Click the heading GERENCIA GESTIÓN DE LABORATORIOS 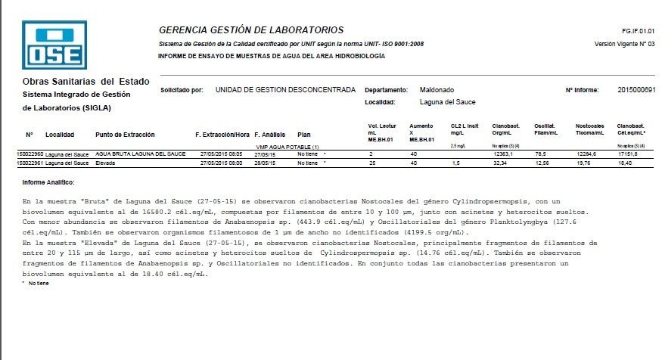tap(250, 30)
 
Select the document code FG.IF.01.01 tap(637, 31)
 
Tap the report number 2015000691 tap(636, 90)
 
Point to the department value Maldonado tap(437, 90)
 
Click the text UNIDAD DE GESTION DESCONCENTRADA tap(285, 90)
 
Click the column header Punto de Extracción tap(125, 135)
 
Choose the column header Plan tap(304, 135)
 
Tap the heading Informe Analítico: tap(48, 182)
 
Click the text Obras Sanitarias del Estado tap(85, 81)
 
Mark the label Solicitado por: tap(182, 90)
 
